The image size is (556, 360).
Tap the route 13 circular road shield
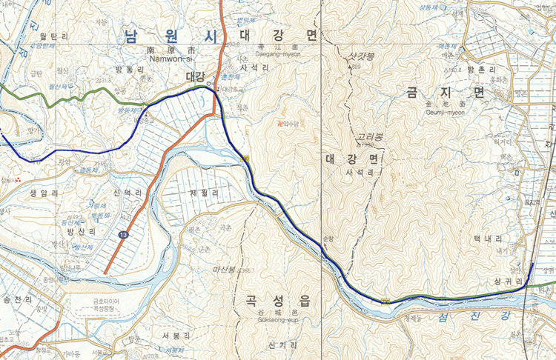(121, 235)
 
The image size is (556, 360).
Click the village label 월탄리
(53, 35)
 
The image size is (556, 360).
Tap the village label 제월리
(204, 191)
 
